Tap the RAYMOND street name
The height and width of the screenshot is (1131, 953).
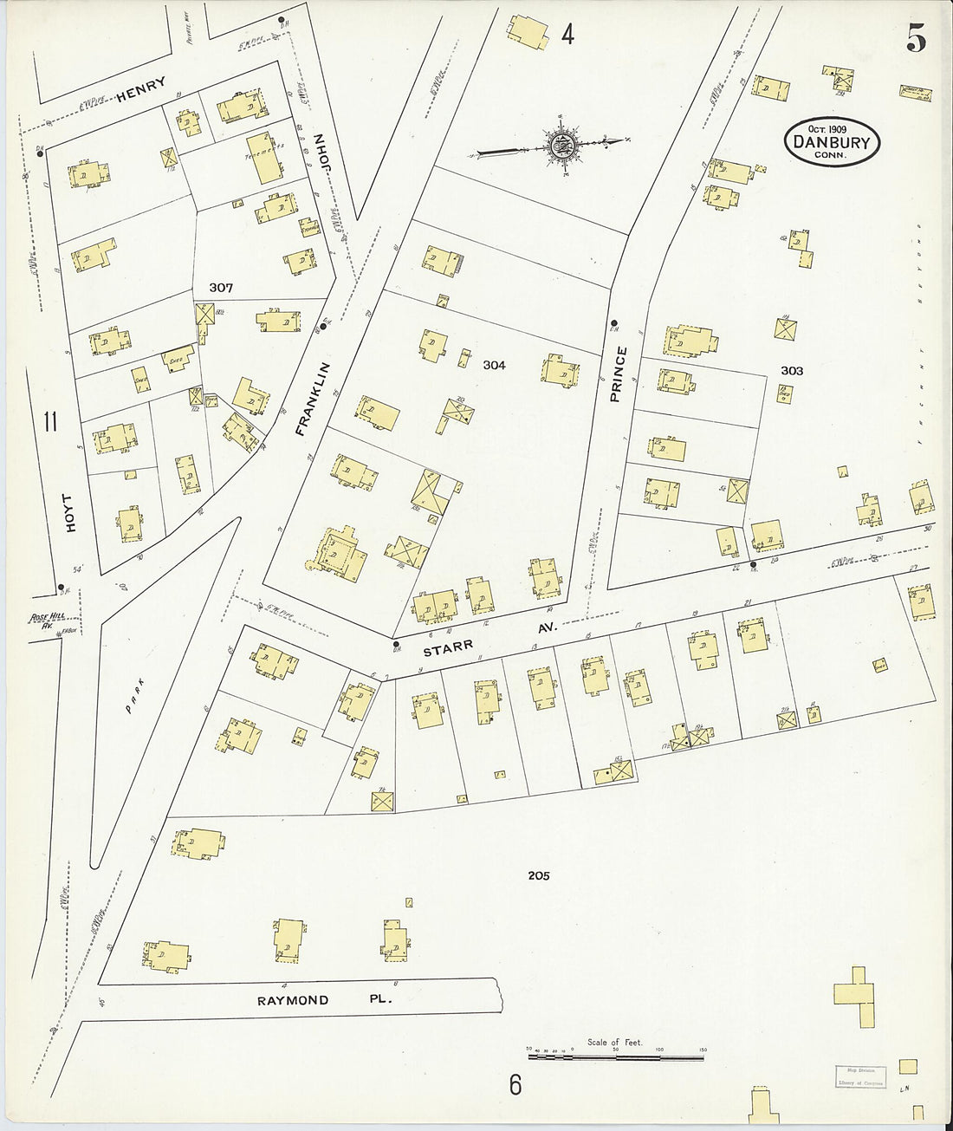point(292,1000)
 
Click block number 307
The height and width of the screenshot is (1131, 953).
point(223,287)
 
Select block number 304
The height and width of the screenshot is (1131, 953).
point(494,366)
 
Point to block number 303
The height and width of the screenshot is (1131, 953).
point(792,371)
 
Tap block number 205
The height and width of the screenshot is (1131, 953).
point(539,876)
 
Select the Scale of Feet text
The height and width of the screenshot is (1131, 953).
point(614,1043)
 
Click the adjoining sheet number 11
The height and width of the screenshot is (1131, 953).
point(50,422)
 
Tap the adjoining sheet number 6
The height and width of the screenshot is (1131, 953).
point(515,1084)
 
